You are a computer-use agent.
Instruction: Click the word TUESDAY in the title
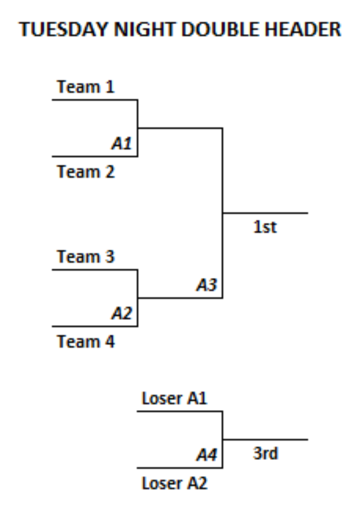point(63,29)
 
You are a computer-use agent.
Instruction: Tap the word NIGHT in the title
point(145,29)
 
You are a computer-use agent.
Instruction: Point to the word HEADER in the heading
point(303,29)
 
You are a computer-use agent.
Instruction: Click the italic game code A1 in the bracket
point(122,143)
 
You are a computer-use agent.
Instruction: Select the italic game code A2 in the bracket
point(122,313)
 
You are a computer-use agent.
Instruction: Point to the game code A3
point(206,285)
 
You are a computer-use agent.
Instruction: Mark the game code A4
point(206,455)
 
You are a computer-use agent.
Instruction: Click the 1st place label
point(265,227)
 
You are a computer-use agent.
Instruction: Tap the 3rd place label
point(266,453)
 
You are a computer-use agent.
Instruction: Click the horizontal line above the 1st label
point(265,213)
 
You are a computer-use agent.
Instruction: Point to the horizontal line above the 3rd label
point(265,439)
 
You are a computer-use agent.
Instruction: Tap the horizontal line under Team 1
point(95,100)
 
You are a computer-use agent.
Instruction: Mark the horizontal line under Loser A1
point(180,411)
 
